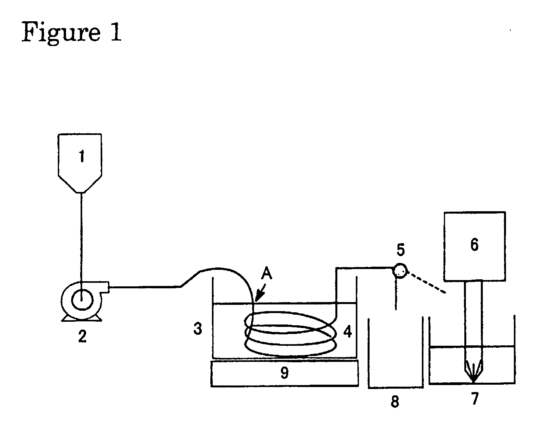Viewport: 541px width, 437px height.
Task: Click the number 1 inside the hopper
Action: (82, 156)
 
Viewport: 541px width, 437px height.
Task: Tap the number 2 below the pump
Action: (82, 336)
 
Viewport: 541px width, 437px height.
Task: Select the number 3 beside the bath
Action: (198, 328)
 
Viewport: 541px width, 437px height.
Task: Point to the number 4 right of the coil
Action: (348, 331)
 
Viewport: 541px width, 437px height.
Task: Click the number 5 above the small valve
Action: (401, 249)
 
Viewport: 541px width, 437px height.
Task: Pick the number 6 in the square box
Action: (474, 244)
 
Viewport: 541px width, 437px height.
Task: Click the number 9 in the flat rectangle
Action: (284, 372)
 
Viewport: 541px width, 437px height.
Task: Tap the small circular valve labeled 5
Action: (400, 271)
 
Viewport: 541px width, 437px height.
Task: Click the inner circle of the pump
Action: (82, 300)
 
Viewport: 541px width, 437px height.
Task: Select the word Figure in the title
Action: (61, 32)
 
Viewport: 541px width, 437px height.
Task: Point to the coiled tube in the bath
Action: (290, 334)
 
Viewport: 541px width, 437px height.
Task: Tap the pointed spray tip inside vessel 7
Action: (473, 371)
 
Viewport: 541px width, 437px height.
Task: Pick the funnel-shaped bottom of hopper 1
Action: (80, 184)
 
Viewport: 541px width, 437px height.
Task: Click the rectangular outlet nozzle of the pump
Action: (104, 287)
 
